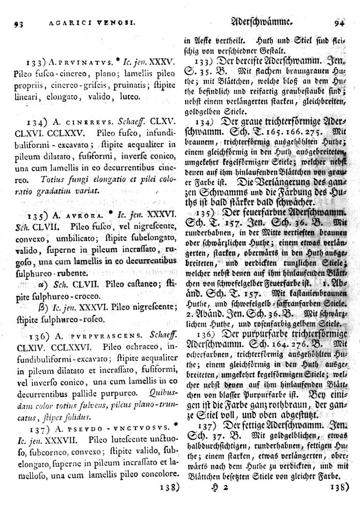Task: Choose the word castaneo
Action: [x=138, y=283]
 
